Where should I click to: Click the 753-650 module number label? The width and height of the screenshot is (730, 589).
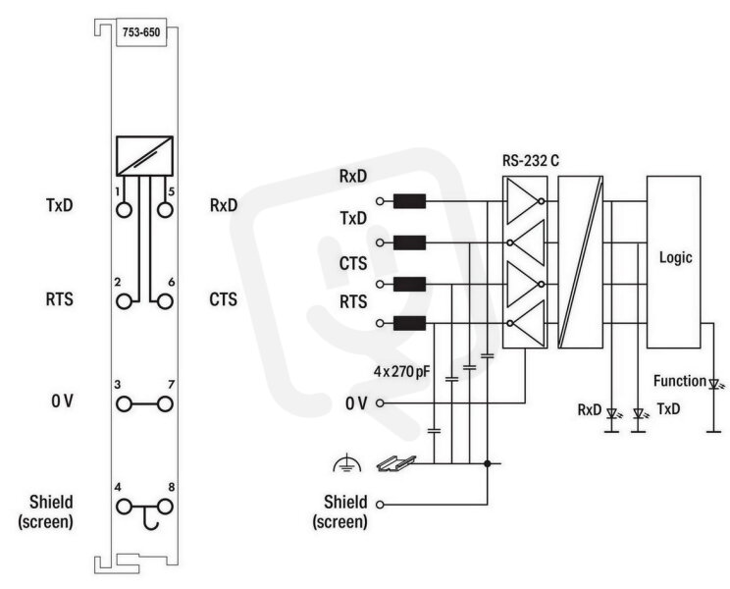coord(141,32)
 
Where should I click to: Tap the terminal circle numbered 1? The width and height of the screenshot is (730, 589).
coord(124,210)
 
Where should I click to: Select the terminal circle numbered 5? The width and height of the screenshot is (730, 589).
coord(165,210)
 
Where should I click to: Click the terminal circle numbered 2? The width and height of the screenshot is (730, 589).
coord(124,301)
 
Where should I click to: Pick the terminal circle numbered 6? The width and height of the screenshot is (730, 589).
coord(165,301)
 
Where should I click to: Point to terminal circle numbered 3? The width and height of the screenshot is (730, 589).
coord(124,404)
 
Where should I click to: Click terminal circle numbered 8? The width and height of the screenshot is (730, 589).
coord(165,507)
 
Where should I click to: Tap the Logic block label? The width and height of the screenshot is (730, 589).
coord(675,257)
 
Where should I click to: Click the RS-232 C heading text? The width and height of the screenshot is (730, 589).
coord(530,160)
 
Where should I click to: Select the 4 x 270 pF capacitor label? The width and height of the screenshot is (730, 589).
coord(401,371)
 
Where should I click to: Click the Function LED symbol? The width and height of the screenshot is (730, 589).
coord(714,384)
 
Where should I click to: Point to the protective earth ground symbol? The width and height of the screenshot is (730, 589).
coord(347,464)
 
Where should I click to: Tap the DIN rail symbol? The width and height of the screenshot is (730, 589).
coord(395,463)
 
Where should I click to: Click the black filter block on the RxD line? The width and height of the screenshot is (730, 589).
coord(410,201)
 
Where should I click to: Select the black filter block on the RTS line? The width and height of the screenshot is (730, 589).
coord(410,323)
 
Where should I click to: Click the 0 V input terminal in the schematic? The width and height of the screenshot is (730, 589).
coord(380,403)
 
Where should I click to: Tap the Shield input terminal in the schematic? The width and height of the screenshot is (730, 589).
coord(380,505)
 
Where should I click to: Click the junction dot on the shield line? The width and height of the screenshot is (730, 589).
coord(487,463)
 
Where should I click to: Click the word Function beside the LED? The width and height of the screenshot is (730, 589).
coord(680,381)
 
